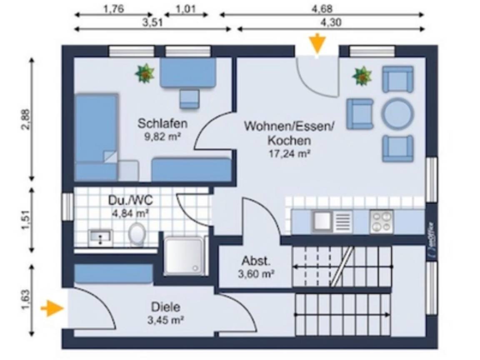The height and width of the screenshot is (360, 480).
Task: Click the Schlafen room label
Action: (162, 123)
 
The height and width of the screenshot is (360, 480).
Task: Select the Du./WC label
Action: (130, 200)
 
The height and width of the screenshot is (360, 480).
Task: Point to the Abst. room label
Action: (256, 262)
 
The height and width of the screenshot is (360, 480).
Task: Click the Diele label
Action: (166, 307)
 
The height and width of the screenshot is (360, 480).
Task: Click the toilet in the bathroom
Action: (136, 235)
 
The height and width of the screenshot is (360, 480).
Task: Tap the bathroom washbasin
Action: (100, 237)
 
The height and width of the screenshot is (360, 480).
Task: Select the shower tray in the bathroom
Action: (183, 256)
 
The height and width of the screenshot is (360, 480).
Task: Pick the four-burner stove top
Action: (381, 221)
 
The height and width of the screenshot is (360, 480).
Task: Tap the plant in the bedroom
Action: (145, 73)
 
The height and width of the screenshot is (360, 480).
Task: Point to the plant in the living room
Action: (362, 76)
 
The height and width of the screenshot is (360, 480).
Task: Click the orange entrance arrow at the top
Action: (317, 44)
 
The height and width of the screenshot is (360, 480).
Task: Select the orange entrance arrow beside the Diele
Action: (53, 309)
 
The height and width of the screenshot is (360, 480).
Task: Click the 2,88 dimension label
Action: (26, 119)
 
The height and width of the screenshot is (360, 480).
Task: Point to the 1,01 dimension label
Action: (186, 8)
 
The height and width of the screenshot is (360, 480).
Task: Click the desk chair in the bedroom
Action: (189, 99)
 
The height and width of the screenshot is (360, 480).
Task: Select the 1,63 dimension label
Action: (26, 300)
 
